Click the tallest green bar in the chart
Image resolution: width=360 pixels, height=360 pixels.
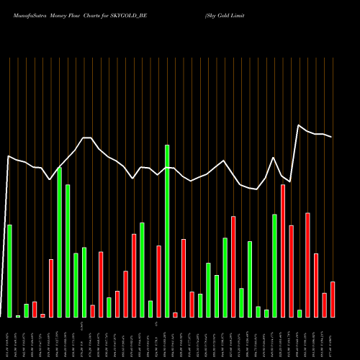pyautogui.click(x=167, y=230)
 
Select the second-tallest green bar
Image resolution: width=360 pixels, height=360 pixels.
pyautogui.click(x=59, y=242)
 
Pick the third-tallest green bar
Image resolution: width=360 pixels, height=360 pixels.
pyautogui.click(x=68, y=251)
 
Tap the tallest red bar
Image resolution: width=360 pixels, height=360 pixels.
pyautogui.click(x=283, y=251)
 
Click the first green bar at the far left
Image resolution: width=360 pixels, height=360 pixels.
pyautogui.click(x=9, y=271)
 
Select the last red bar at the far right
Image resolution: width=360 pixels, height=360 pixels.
pyautogui.click(x=333, y=299)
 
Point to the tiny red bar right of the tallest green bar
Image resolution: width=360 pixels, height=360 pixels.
pyautogui.click(x=175, y=315)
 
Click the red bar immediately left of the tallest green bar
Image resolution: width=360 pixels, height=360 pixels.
pyautogui.click(x=158, y=281)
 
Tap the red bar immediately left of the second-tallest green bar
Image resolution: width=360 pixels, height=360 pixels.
pyautogui.click(x=51, y=288)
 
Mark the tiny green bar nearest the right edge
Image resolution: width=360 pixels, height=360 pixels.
pyautogui.click(x=300, y=313)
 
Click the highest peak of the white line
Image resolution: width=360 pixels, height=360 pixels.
pyautogui.click(x=299, y=125)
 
